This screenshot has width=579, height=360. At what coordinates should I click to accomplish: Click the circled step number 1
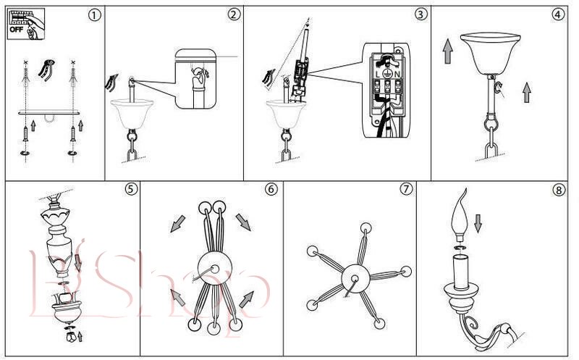point(95,15)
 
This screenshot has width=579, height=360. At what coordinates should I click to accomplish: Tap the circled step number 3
point(420,14)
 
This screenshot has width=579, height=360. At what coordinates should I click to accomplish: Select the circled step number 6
point(271,189)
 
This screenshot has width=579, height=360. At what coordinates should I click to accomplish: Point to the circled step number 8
point(558,190)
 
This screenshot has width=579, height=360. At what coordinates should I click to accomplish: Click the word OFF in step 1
point(16,29)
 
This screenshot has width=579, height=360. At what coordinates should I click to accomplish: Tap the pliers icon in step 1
point(46,70)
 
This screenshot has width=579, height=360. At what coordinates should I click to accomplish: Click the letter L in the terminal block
point(377,75)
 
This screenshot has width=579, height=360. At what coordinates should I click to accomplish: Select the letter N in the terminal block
point(397,75)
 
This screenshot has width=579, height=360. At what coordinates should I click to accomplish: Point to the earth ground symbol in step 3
point(386,73)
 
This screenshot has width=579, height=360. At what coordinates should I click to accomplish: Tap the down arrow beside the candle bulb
point(478,224)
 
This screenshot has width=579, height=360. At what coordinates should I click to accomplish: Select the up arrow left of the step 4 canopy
point(447,51)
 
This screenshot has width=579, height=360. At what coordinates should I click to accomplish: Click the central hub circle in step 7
point(356,278)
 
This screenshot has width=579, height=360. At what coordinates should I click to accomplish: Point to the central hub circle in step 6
point(214,268)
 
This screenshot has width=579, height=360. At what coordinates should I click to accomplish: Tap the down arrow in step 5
point(78,262)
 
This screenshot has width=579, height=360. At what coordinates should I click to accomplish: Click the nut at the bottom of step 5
point(71,337)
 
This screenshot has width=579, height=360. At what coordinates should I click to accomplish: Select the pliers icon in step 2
point(111,83)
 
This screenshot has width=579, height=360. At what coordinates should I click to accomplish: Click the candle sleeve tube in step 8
point(461,272)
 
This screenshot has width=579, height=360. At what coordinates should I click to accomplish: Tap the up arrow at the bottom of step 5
point(80,336)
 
